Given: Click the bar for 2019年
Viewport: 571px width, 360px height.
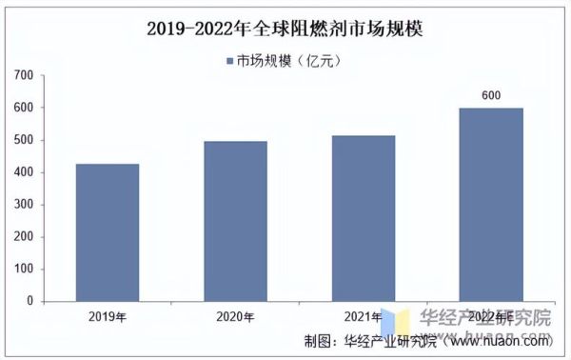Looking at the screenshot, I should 107,232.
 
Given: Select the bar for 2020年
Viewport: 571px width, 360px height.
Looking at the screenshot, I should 235,221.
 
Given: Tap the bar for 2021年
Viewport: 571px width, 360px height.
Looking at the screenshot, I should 363,218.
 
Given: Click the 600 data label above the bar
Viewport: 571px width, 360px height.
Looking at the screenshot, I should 490,96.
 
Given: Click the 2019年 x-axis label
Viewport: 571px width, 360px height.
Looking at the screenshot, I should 107,317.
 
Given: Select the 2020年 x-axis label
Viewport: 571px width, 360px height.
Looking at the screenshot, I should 235,317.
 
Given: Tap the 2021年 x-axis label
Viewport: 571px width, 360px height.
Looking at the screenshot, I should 363,317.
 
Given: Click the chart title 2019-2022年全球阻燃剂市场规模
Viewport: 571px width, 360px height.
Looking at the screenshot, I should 285,29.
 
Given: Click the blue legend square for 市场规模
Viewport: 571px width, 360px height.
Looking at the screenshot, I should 228,59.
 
